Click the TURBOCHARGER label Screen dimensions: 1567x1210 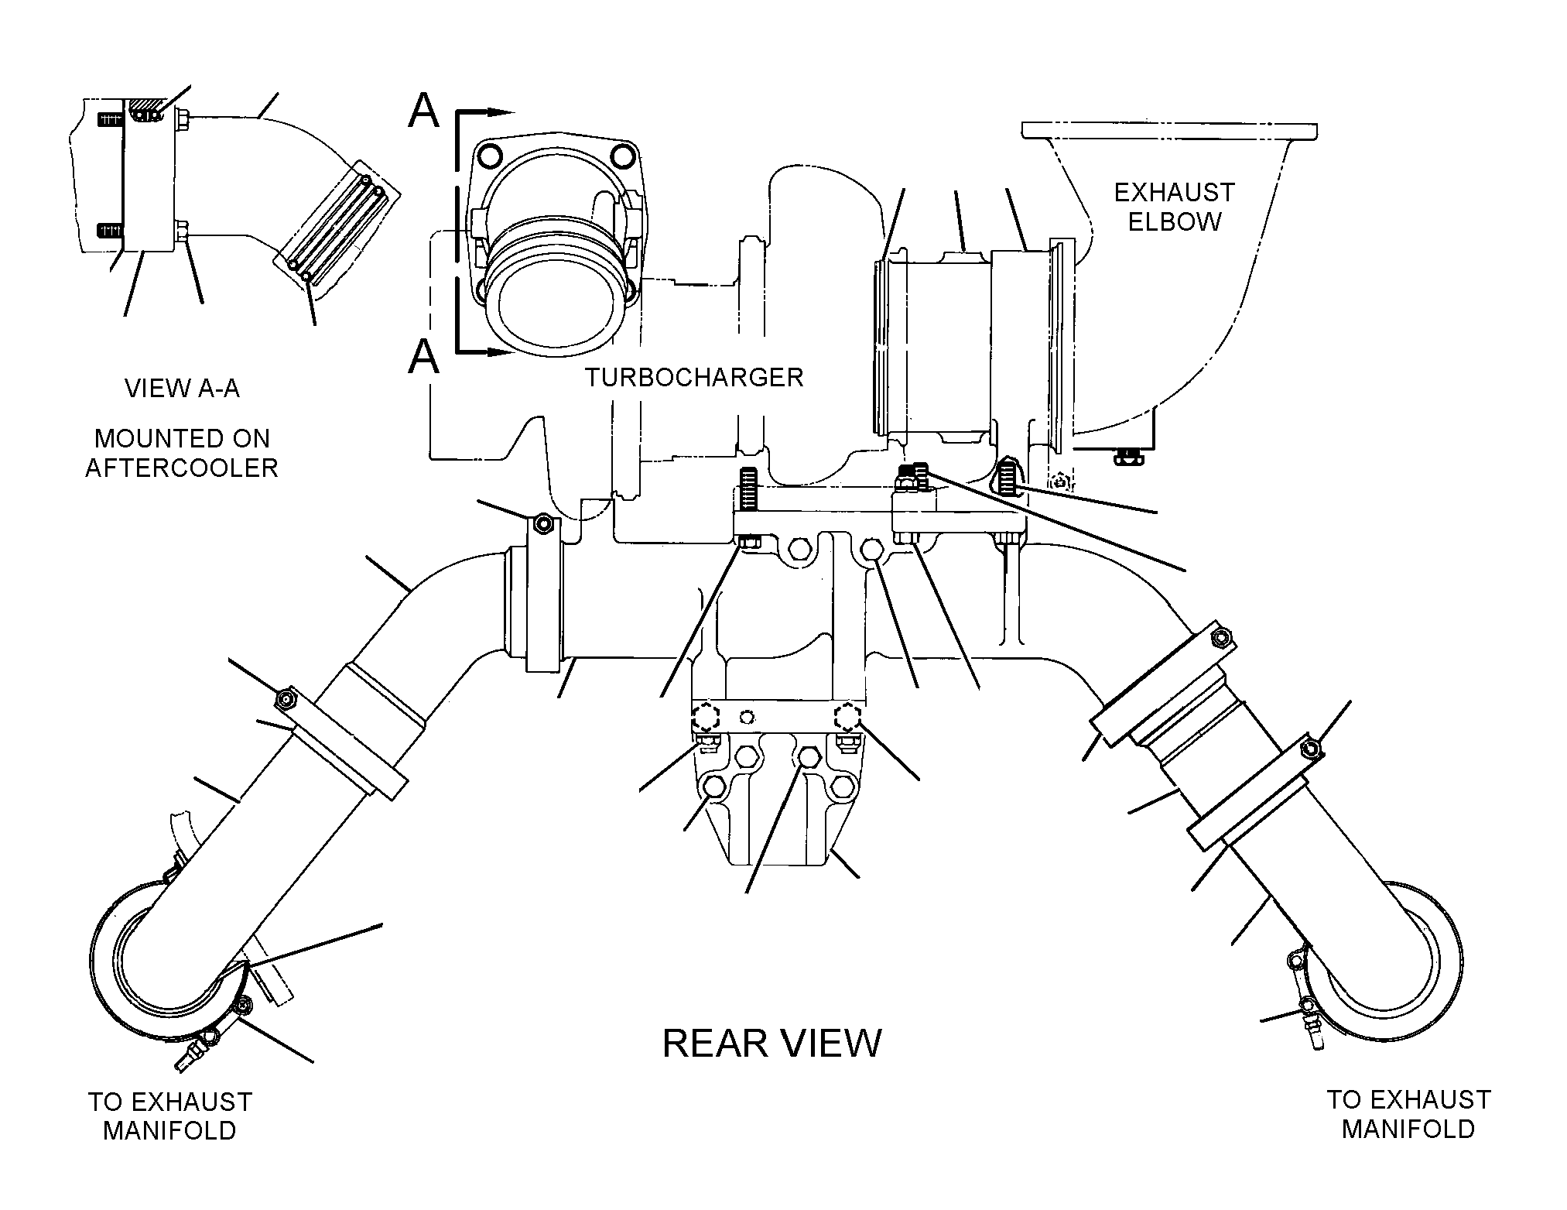(694, 377)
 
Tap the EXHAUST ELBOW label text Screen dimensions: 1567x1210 (1175, 207)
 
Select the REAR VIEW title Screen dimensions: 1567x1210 (772, 1044)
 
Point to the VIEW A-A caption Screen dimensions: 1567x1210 (183, 388)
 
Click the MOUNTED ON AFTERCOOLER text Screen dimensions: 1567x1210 (182, 453)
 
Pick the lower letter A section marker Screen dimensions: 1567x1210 (423, 357)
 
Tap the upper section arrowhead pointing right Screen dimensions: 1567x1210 (501, 112)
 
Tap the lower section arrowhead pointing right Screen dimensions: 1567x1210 (501, 353)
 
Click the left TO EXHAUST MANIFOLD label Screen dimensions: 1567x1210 (170, 1116)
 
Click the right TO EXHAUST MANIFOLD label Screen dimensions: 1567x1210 (1408, 1114)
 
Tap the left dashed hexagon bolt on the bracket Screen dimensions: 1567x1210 (706, 718)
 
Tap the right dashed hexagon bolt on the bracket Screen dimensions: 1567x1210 (849, 718)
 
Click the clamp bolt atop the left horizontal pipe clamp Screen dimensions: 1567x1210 (544, 524)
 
